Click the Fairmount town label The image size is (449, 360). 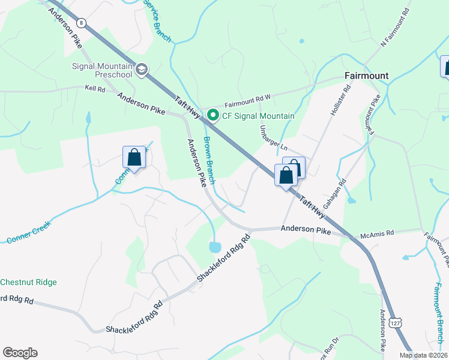coord(366,76)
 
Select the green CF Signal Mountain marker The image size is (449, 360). coord(212,115)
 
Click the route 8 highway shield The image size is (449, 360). coord(82,23)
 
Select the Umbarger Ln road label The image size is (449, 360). coord(274,139)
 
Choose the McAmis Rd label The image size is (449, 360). coord(376,233)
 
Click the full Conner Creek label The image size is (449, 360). coord(29,232)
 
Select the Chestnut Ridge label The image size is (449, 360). coord(28,282)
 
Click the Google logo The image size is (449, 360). coord(20,353)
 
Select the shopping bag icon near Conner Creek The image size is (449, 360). coord(134,158)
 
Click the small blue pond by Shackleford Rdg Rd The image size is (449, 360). coord(214,247)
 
